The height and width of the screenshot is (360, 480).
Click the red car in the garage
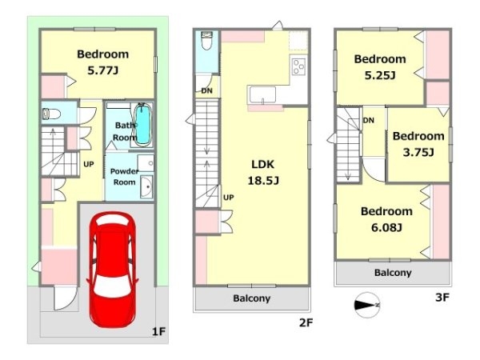click(x=112, y=270)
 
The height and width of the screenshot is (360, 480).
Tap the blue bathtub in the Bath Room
click(x=143, y=124)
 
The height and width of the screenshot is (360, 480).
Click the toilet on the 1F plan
click(x=51, y=114)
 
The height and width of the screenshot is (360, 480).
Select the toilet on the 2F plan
click(x=206, y=41)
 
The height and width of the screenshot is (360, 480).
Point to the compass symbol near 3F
click(x=367, y=305)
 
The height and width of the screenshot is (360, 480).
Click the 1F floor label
click(x=159, y=331)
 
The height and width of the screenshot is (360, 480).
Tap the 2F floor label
click(x=306, y=322)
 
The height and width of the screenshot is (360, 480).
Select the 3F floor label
click(x=442, y=298)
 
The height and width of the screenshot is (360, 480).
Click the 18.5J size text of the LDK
click(x=263, y=181)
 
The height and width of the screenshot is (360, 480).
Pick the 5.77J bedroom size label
click(x=103, y=70)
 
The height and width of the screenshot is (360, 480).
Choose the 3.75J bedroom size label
click(x=418, y=152)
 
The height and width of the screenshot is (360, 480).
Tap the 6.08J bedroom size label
click(x=386, y=227)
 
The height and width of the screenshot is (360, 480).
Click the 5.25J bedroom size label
click(x=380, y=75)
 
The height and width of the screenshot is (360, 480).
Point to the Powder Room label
click(x=124, y=177)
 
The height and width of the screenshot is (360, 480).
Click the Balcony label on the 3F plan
click(x=393, y=273)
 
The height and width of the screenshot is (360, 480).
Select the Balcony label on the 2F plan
click(x=252, y=298)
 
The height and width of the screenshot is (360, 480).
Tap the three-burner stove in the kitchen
click(x=298, y=66)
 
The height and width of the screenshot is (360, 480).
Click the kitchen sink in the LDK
click(x=262, y=94)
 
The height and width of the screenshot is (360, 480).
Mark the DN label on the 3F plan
click(x=369, y=120)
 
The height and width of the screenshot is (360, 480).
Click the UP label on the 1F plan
click(x=89, y=164)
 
